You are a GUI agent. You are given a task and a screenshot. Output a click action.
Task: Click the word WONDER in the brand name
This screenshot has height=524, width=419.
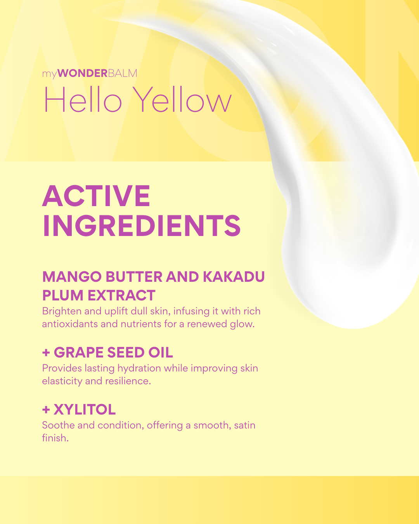click(x=82, y=73)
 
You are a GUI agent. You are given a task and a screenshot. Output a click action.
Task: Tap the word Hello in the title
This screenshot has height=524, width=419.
click(x=83, y=100)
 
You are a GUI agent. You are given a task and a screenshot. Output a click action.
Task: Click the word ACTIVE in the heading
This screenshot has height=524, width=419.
click(x=96, y=196)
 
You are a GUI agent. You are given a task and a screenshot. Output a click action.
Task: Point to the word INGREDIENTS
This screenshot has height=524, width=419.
click(x=142, y=226)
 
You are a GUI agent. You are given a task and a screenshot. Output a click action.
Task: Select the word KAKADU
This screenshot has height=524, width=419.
click(x=234, y=277)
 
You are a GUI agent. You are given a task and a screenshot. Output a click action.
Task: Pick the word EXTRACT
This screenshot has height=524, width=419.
click(x=121, y=295)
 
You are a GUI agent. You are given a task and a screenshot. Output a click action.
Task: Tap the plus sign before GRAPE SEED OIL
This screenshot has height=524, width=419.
click(x=46, y=352)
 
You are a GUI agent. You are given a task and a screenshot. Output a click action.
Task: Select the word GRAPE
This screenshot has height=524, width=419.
click(x=79, y=352)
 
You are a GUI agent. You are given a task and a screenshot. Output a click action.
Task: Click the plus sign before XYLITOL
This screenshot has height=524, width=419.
click(x=46, y=409)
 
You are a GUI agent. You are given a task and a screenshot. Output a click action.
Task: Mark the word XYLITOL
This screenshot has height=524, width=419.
click(x=85, y=409)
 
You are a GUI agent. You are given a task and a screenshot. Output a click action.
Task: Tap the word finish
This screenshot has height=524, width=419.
click(x=55, y=438)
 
